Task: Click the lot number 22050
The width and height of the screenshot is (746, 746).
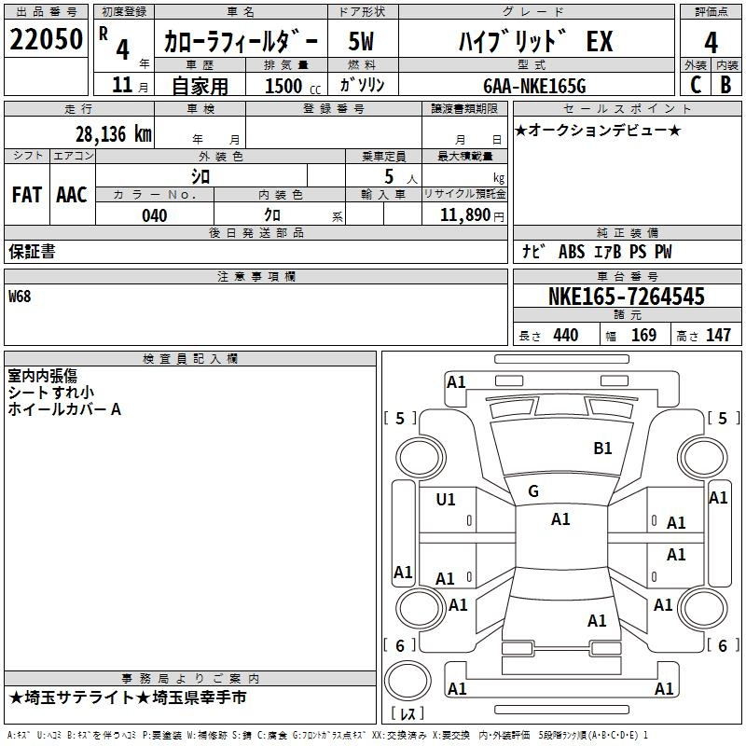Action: pos(46,39)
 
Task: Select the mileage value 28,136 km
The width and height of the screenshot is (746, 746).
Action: pos(114,134)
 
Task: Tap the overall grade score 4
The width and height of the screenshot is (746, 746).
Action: pos(711,43)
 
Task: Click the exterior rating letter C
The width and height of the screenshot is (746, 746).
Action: pos(696,85)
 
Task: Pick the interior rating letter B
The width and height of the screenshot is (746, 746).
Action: pos(725,85)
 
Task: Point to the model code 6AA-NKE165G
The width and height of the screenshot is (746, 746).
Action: pos(534,86)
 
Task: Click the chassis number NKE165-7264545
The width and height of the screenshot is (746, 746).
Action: pos(626,297)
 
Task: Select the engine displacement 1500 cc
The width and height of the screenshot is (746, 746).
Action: pos(293,86)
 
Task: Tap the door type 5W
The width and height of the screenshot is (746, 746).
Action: pos(361,41)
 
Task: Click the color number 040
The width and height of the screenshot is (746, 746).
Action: pos(155,215)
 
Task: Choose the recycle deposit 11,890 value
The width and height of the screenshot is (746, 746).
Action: pos(464,215)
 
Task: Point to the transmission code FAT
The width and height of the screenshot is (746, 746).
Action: pos(27,195)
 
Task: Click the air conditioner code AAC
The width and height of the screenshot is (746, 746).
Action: pos(72,195)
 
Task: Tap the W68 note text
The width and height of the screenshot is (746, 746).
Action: pos(20,297)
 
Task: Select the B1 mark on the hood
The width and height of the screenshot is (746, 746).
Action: pos(602,449)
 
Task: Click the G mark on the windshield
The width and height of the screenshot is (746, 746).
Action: pos(533,491)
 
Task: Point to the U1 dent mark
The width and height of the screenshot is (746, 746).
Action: pos(446,500)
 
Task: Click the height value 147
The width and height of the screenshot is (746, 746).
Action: pos(718,335)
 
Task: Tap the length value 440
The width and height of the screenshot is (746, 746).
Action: pos(566,335)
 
